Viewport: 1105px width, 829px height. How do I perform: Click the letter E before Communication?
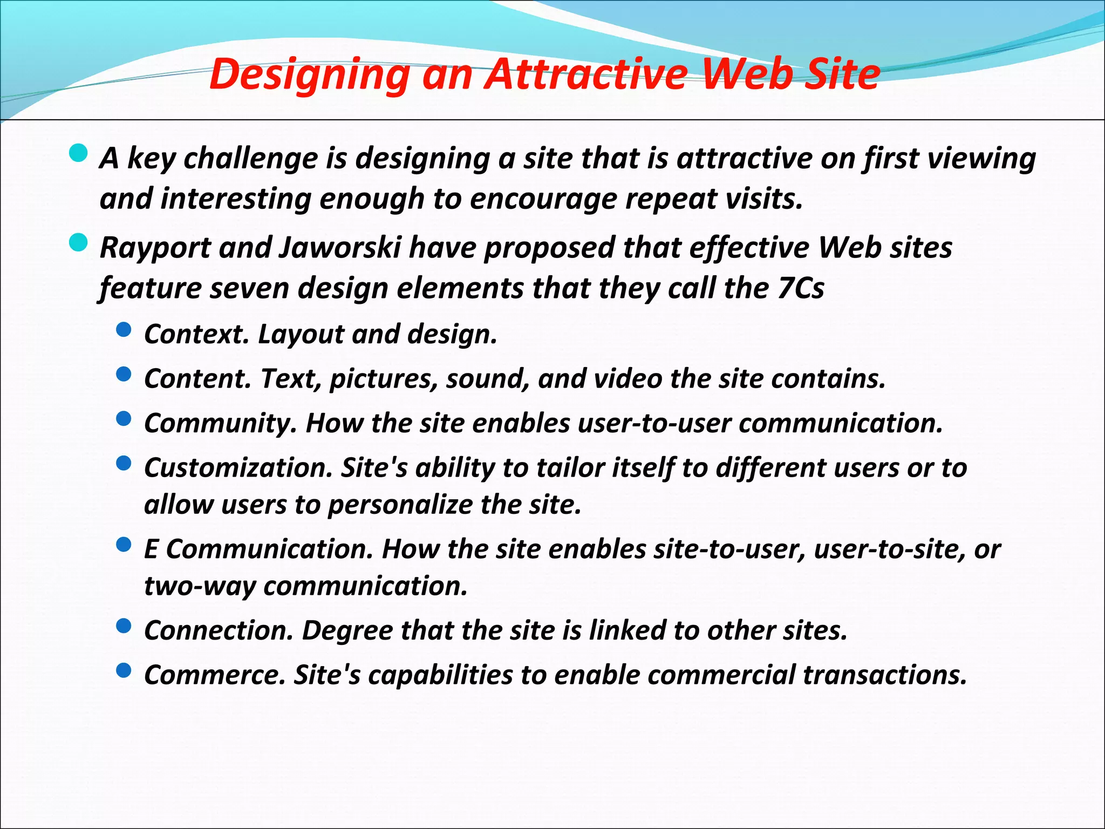151,549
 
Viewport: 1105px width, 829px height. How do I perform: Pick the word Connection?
219,630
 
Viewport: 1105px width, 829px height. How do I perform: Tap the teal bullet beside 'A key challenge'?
79,153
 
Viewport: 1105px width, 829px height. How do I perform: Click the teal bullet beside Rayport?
79,243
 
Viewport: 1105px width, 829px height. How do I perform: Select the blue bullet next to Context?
124,329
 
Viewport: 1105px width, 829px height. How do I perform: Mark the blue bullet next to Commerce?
124,670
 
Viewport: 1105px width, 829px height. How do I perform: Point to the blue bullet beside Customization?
124,463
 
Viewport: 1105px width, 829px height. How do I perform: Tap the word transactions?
885,675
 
